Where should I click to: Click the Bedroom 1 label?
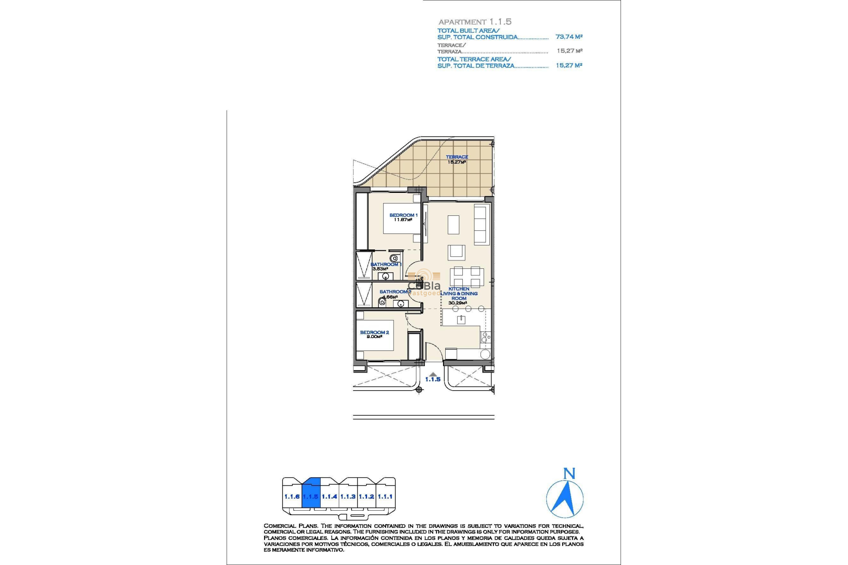(403, 215)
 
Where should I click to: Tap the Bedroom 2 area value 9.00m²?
(374, 337)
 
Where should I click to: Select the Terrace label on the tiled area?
(457, 157)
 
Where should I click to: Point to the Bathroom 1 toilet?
(394, 258)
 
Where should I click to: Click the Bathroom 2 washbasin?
(401, 304)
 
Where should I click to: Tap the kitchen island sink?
(461, 320)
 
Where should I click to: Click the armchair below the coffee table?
(456, 252)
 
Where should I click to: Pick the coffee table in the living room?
(453, 224)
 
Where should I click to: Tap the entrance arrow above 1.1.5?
(433, 374)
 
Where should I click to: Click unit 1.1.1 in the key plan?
(385, 497)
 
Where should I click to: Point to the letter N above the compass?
(569, 474)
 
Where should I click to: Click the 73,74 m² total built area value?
(568, 37)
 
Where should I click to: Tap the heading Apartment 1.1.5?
(475, 22)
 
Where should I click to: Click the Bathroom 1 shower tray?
(364, 265)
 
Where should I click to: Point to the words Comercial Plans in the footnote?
(290, 526)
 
